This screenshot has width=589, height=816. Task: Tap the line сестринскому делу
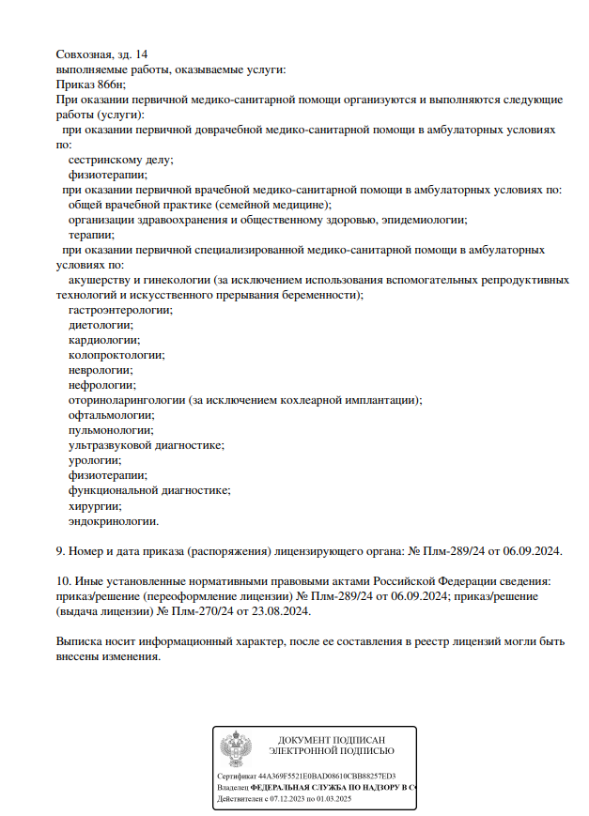coord(120,160)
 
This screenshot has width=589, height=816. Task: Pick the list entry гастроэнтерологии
coord(120,310)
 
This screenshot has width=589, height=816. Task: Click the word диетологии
coord(101,325)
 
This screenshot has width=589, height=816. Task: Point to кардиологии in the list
coord(103,340)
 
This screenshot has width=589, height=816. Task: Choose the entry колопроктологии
coord(116,355)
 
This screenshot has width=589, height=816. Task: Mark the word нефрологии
coord(101,385)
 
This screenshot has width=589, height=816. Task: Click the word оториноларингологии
coord(127,400)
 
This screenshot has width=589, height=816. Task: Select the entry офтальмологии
coord(111,415)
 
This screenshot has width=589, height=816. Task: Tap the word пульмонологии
coord(111,430)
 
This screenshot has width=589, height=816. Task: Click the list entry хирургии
coord(94,505)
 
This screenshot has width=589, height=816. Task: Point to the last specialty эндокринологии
coord(113,520)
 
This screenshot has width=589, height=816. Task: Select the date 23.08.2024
coord(280,610)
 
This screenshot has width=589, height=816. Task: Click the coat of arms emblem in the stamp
coord(235,749)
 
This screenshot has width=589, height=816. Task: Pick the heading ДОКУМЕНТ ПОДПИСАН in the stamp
coord(332,740)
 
